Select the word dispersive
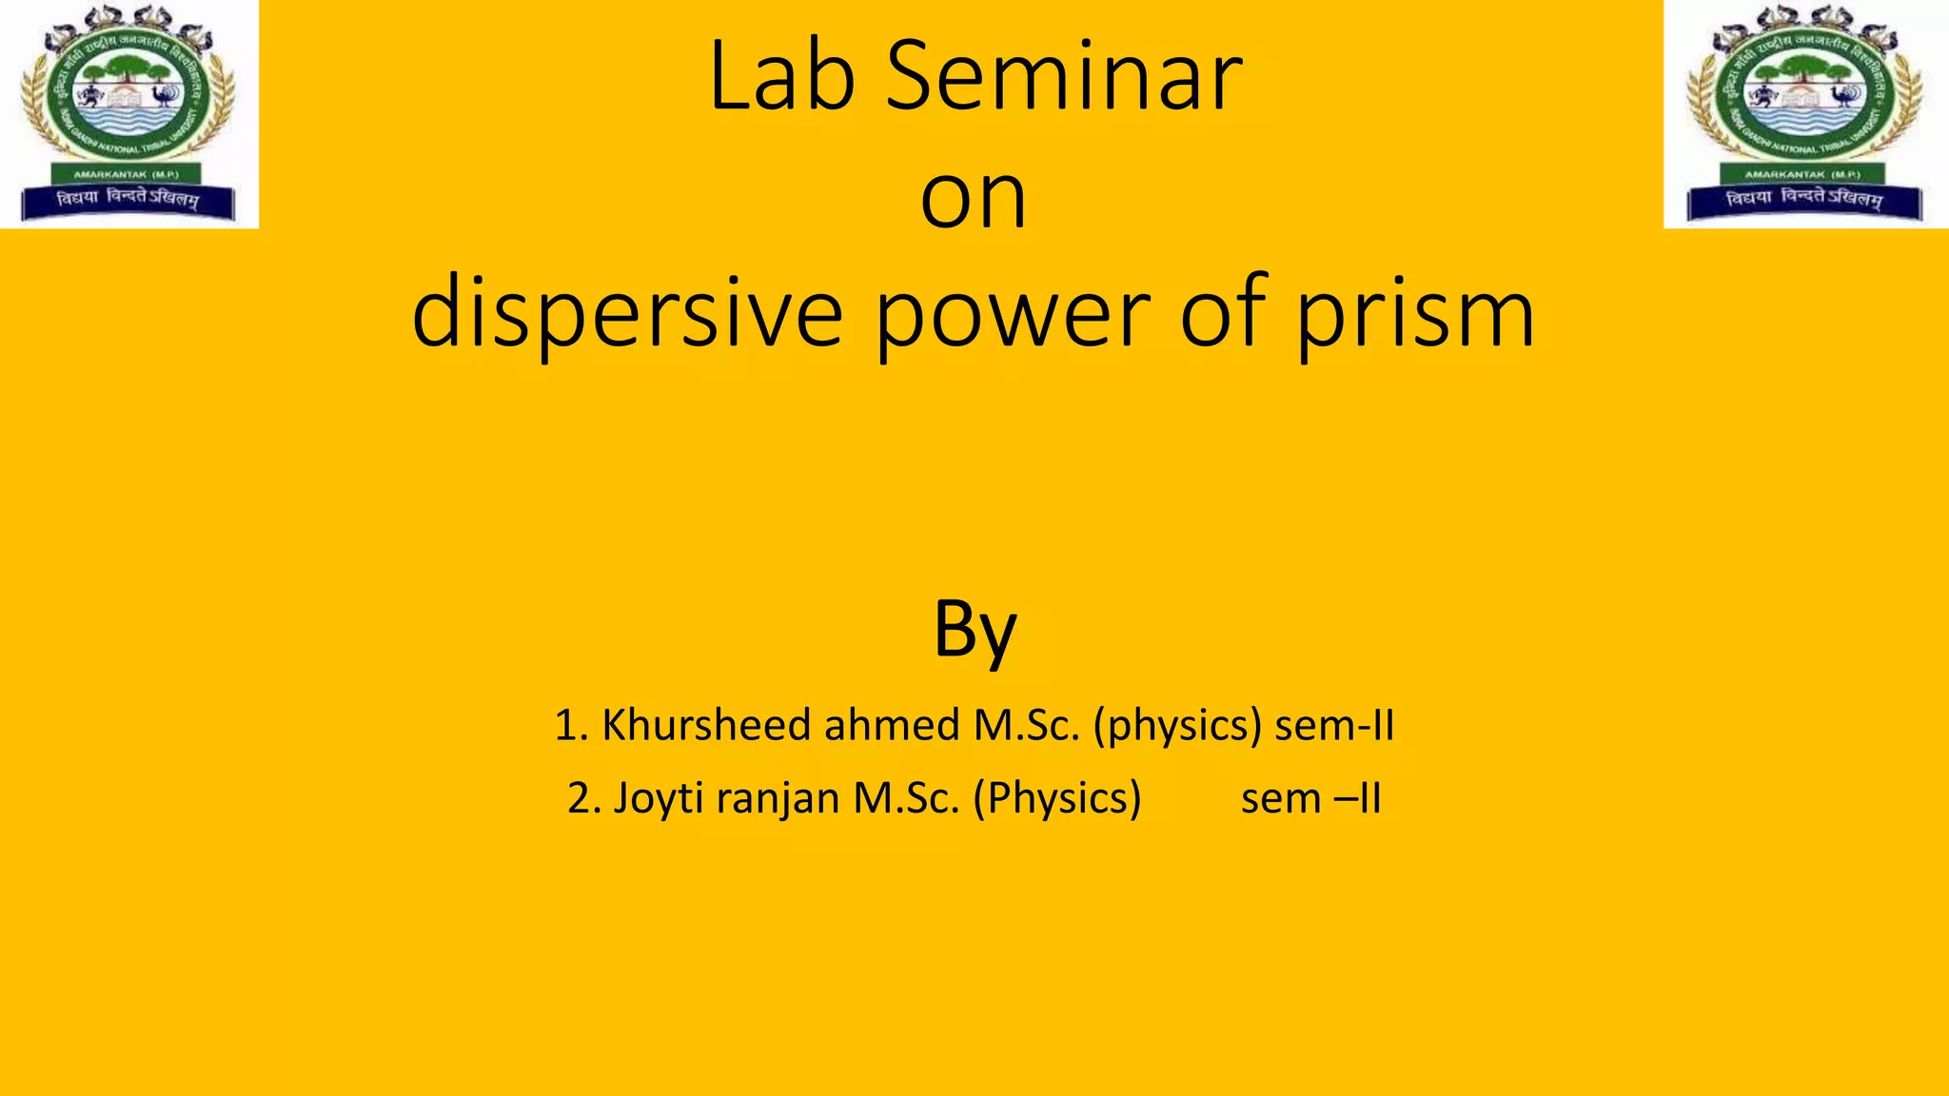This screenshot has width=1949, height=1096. pos(627,314)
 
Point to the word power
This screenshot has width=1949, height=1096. pos(1013,314)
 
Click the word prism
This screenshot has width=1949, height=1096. pos(1415,314)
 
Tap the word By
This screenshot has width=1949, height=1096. pos(974,630)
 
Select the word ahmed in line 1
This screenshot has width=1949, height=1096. pos(892,725)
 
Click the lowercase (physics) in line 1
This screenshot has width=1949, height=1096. pos(1177,725)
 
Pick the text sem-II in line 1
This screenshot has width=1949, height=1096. pos(1334,725)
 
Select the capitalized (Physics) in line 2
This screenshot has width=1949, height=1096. pos(1056,798)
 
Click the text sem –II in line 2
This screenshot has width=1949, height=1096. pos(1310,798)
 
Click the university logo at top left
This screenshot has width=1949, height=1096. pos(128,112)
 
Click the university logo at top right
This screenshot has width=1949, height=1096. pos(1805,112)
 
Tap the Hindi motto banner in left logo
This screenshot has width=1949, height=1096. pos(128,199)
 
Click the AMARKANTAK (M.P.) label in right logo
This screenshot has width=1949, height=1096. pos(1801,174)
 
